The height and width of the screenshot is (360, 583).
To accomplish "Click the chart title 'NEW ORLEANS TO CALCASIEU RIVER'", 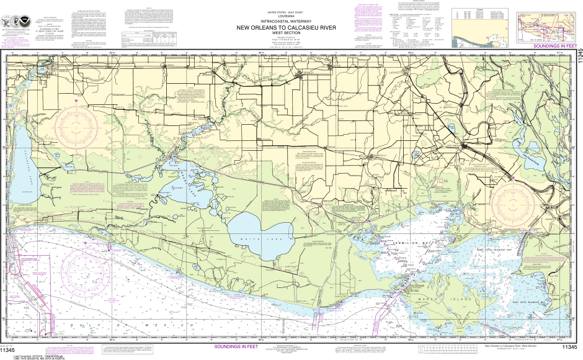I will click(291, 28).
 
